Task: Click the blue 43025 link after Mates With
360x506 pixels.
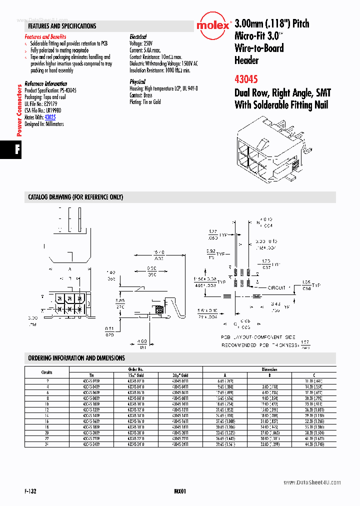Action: pos(50,117)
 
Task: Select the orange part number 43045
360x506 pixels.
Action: pos(246,78)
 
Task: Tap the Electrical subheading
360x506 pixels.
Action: pos(138,37)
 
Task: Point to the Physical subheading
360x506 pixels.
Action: pos(137,81)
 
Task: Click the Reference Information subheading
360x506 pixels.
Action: pos(45,83)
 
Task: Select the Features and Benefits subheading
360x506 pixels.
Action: pos(45,37)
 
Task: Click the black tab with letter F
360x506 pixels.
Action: pos(10,150)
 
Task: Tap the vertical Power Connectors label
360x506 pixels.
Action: pos(19,110)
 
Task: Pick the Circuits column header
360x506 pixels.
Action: pos(46,372)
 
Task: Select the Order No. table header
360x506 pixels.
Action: pos(137,369)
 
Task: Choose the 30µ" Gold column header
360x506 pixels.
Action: pos(180,375)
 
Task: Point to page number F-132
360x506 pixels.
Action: pos(29,491)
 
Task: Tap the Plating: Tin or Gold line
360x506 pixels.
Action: pos(145,102)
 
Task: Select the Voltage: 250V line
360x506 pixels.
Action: pos(142,43)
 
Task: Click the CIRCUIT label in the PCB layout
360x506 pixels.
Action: pos(276,287)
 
